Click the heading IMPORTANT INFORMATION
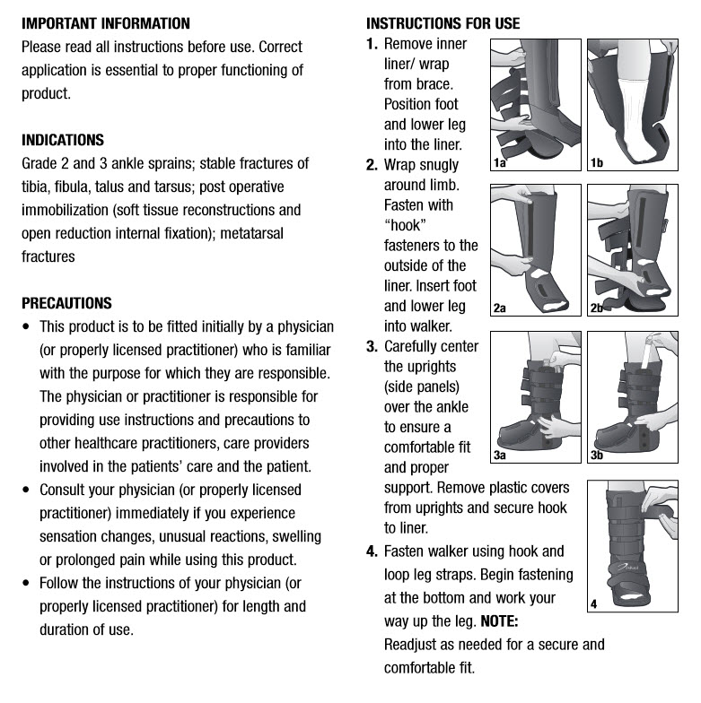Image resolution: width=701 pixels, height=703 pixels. click(x=106, y=23)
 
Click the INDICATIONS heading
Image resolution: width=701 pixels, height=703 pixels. click(x=63, y=140)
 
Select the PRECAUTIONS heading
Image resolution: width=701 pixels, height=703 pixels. click(x=67, y=303)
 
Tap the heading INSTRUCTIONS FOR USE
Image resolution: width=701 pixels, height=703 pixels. click(x=443, y=23)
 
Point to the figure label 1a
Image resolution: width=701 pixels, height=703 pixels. click(x=500, y=162)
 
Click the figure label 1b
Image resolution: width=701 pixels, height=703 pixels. click(x=597, y=162)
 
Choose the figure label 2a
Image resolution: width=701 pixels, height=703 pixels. click(x=500, y=308)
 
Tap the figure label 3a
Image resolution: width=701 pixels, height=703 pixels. click(x=500, y=456)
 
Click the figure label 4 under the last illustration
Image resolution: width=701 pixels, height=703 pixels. click(x=593, y=605)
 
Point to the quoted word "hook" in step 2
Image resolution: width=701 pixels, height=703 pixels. click(x=407, y=225)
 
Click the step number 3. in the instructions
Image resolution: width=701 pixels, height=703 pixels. click(x=372, y=346)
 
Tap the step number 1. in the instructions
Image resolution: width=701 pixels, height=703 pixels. click(x=372, y=44)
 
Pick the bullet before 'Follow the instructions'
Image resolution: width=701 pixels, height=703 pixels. click(x=26, y=584)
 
